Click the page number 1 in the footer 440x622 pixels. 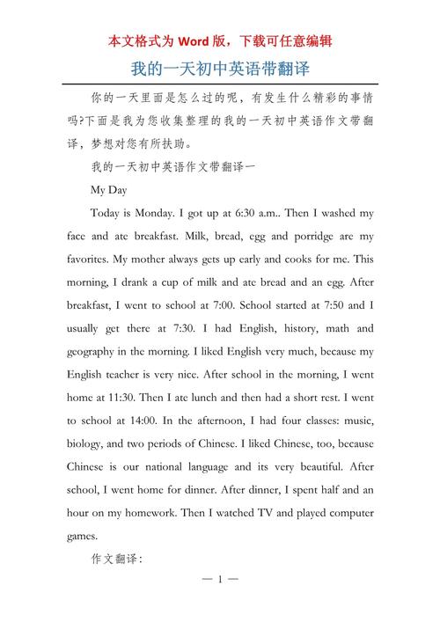220,582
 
